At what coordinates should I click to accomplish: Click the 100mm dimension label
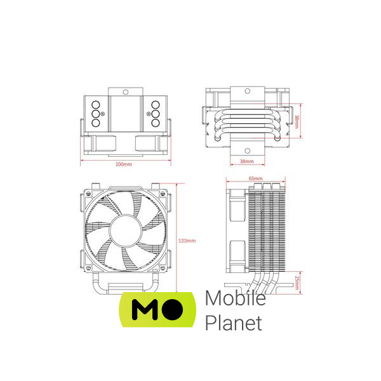124,164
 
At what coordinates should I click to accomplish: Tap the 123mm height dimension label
187,241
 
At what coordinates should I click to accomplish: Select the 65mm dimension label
255,178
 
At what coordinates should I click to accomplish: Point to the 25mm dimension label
297,283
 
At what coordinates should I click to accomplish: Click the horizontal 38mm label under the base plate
246,161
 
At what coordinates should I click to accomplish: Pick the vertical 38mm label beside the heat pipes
297,121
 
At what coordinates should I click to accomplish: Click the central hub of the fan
125,231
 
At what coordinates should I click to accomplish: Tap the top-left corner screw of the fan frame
88,194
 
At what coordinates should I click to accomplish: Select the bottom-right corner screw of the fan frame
163,268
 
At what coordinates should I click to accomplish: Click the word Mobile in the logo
235,298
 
